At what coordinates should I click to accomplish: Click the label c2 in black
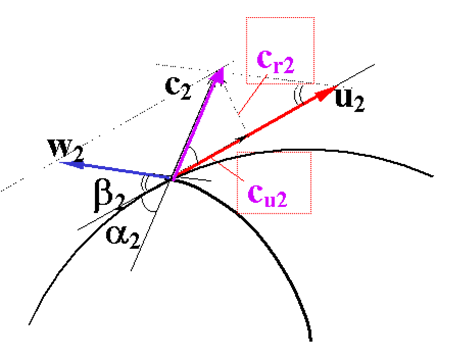(178, 87)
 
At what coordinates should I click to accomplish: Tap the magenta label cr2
(276, 62)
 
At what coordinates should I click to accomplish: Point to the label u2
(349, 100)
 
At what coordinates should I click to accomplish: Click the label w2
(66, 149)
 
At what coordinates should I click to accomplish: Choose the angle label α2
(123, 236)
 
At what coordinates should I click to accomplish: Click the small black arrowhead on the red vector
(242, 137)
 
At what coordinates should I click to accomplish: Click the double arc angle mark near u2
(298, 94)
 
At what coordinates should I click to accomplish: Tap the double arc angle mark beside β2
(144, 183)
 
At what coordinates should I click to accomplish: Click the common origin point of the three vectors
(172, 179)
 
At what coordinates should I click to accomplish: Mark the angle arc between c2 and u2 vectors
(194, 155)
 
